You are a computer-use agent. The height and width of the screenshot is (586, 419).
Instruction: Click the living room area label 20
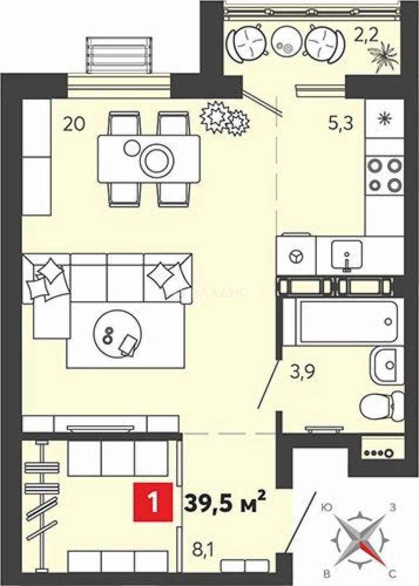(74, 124)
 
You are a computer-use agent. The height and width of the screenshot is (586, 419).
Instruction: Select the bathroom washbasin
(386, 364)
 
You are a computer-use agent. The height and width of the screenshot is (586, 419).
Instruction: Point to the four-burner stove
(384, 174)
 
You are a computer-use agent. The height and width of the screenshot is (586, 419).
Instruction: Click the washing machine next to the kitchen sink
(296, 256)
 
